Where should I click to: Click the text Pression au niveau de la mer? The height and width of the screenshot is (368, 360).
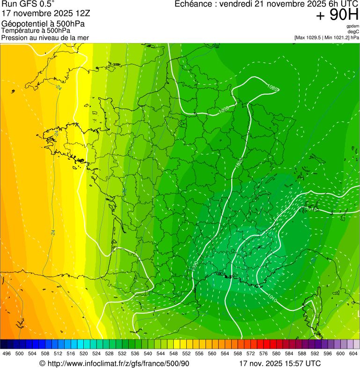coord(45,37)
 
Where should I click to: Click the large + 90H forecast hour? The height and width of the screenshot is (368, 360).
coord(337,15)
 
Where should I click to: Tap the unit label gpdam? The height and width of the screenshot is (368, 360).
coord(353,26)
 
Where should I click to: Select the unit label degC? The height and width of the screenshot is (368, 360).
coord(353,32)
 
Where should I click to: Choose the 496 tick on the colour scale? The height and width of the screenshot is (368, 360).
coord(7,353)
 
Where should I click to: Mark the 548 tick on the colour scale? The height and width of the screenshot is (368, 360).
coord(173,353)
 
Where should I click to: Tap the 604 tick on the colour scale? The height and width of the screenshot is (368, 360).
coord(353,353)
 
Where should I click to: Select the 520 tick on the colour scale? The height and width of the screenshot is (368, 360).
coord(83,353)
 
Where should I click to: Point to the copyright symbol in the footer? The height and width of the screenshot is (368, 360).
coord(42,363)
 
